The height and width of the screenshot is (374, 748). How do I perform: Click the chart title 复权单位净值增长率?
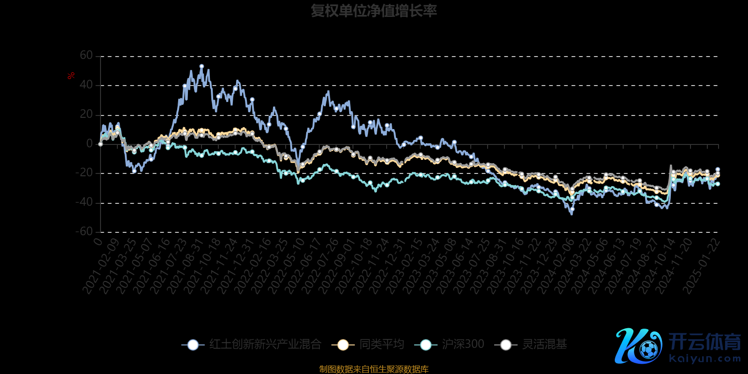(374, 11)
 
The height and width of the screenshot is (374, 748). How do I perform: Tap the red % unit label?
(71, 76)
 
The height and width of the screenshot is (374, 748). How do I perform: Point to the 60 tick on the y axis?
(86, 56)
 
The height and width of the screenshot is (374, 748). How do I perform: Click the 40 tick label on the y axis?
(86, 85)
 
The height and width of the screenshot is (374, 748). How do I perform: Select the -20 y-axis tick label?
(84, 173)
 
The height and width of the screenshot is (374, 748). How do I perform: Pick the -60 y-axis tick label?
(84, 231)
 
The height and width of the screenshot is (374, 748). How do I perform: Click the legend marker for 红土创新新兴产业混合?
(193, 345)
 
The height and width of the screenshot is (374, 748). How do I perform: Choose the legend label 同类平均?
(381, 345)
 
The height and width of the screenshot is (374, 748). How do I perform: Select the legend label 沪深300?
(463, 345)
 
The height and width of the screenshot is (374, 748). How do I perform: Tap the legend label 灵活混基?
(544, 345)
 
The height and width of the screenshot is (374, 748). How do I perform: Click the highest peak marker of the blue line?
(201, 66)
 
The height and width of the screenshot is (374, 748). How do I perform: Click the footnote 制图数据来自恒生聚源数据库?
(374, 369)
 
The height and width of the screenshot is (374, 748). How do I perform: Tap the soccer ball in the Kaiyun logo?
(648, 349)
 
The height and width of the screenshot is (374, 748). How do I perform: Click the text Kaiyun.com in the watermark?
(705, 359)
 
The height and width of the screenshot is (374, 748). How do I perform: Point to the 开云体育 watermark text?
(705, 342)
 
